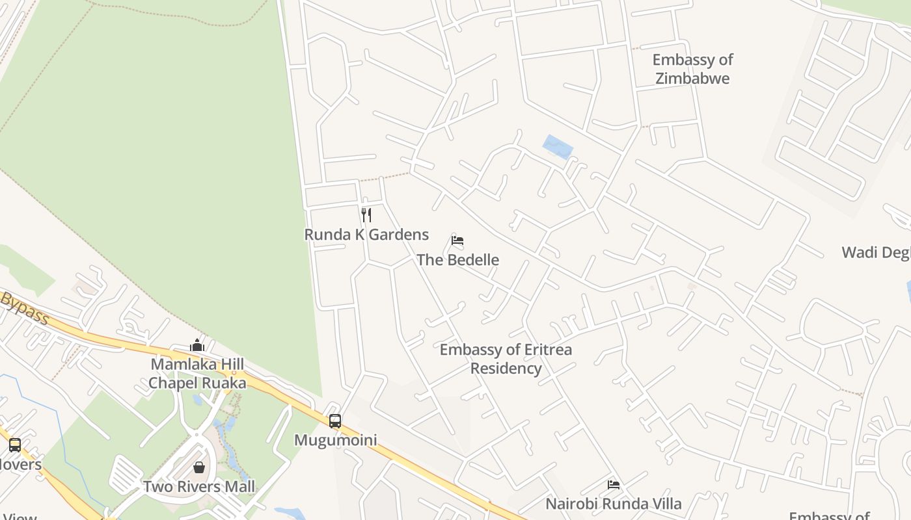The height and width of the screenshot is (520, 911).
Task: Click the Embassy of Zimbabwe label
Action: tap(692, 69)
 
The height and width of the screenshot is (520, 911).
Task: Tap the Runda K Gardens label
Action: tap(366, 235)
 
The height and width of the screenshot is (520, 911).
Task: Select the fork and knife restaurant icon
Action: tap(366, 215)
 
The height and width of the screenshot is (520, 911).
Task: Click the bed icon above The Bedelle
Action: tap(457, 240)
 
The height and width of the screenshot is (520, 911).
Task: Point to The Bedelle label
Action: tap(457, 260)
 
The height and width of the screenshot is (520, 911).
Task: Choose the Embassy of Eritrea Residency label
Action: tap(506, 359)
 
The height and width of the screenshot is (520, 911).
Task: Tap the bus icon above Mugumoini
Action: tap(335, 421)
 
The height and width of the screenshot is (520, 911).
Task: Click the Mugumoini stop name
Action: tap(335, 440)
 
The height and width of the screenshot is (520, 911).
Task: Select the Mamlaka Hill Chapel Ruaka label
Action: tap(197, 374)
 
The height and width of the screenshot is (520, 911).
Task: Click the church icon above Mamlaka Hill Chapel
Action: tap(197, 344)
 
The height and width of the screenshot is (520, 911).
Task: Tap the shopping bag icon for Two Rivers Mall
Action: tap(199, 467)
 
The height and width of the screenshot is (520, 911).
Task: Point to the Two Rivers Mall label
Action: tap(199, 487)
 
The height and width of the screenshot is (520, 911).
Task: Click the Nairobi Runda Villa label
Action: tap(613, 504)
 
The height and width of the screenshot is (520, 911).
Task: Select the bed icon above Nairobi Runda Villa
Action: tap(613, 484)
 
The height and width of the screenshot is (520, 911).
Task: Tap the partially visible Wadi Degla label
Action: tap(876, 252)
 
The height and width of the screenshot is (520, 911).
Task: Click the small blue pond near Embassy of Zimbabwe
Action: tap(558, 147)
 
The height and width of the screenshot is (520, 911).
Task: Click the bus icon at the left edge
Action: tap(15, 445)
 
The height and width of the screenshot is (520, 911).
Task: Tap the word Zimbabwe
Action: tap(692, 79)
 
